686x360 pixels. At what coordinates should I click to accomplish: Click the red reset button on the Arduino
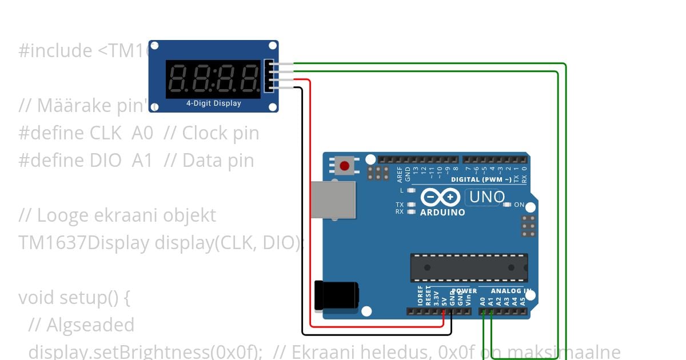[x=344, y=166]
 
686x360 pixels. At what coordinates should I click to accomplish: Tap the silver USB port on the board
[x=333, y=199]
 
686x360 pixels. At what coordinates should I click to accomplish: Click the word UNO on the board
[x=486, y=197]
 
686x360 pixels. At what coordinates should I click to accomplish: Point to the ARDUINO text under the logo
[x=442, y=213]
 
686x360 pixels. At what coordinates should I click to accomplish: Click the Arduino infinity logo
[x=441, y=197]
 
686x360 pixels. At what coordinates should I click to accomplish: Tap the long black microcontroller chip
[x=468, y=267]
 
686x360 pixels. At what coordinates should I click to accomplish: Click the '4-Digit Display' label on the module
[x=214, y=103]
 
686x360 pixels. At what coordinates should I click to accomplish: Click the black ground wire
[x=302, y=229]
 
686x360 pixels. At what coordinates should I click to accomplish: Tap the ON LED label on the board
[x=519, y=205]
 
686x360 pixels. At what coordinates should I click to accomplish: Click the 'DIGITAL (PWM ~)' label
[x=481, y=179]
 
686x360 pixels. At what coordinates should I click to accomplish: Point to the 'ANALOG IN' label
[x=511, y=291]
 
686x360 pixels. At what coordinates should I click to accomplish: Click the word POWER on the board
[x=464, y=291]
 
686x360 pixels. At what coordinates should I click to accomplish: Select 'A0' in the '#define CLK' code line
[x=142, y=133]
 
